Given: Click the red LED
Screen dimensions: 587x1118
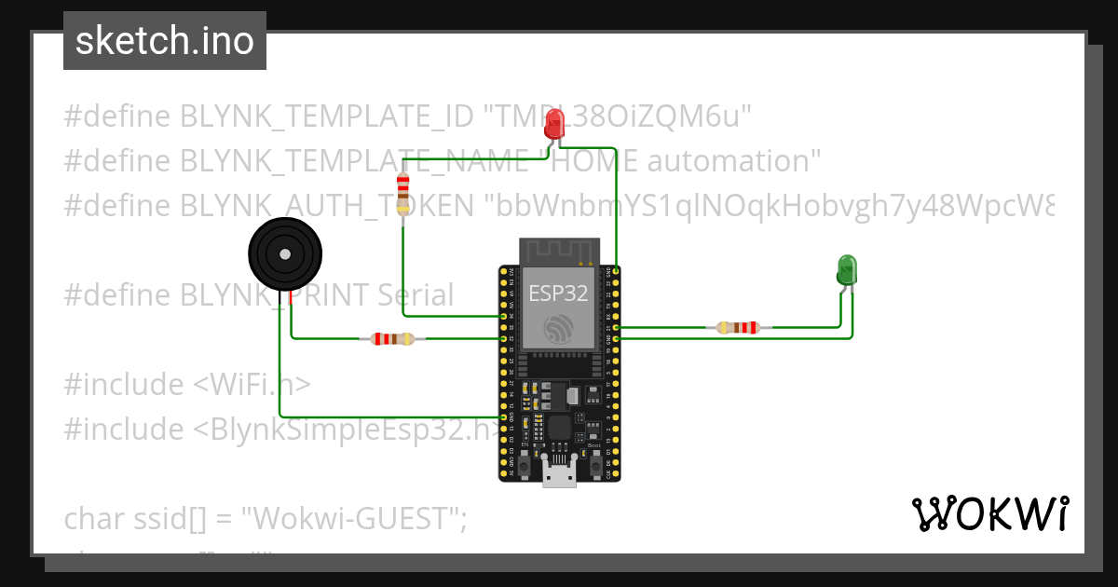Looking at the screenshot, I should (x=554, y=123).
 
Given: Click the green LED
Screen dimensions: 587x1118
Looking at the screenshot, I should (x=846, y=269).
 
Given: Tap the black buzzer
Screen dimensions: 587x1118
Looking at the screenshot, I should (x=284, y=254).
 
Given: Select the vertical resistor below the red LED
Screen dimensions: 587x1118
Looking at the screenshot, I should (x=402, y=193).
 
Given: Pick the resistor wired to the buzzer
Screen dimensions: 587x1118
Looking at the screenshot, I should (x=392, y=338).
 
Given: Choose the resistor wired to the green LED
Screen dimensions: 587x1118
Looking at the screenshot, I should (x=738, y=327).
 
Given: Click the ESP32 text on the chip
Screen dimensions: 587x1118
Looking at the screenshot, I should (x=558, y=293).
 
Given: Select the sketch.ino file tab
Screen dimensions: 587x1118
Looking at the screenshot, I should (x=165, y=41).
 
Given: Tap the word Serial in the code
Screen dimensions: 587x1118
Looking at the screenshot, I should (x=416, y=295).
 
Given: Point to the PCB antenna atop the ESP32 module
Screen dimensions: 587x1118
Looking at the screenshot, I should (x=558, y=250).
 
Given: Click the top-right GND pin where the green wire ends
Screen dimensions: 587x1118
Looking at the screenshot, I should (x=617, y=270).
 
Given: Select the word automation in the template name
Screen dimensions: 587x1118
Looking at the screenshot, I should (x=733, y=161).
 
